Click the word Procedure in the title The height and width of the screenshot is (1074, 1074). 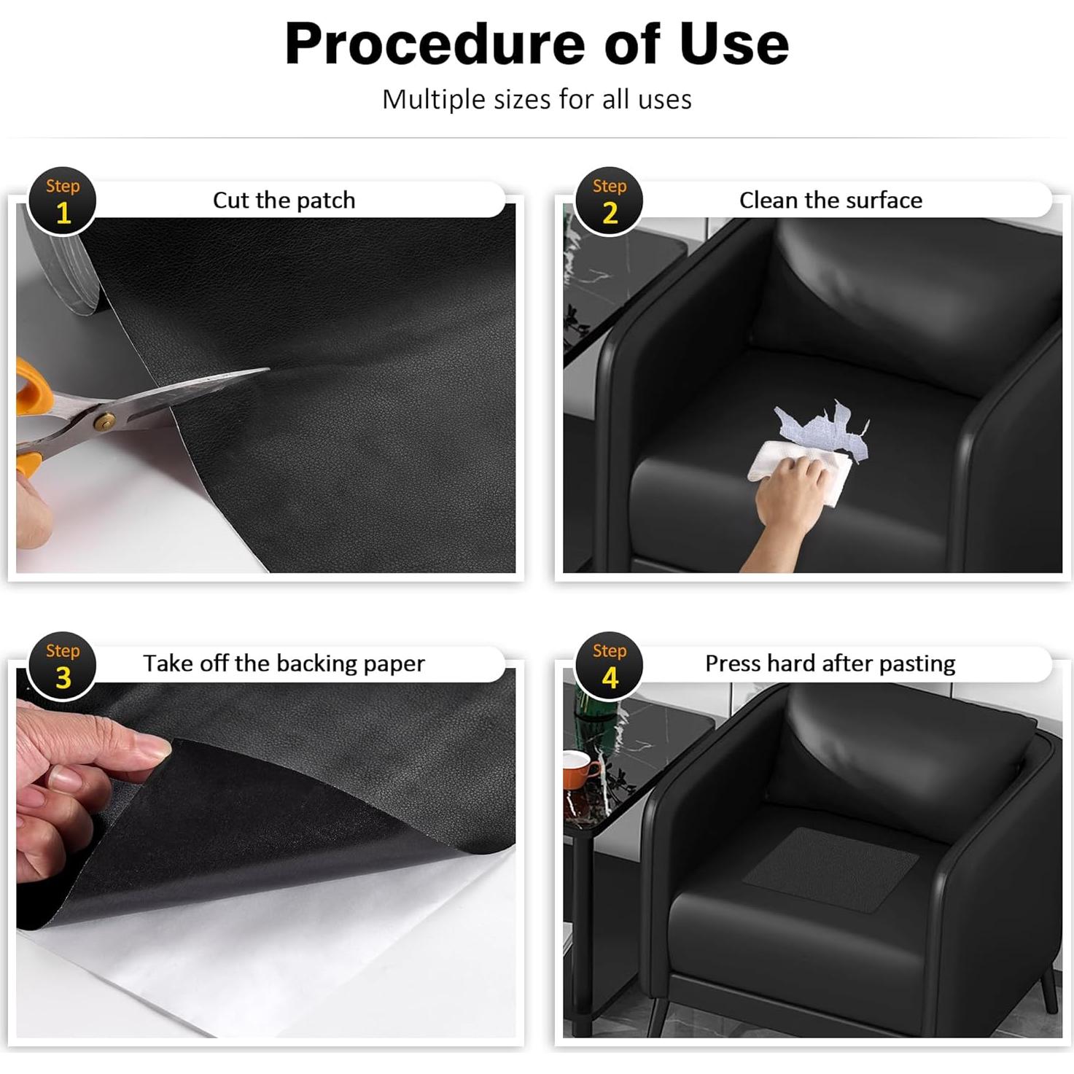click(x=435, y=44)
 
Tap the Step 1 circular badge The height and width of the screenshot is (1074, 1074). click(x=63, y=201)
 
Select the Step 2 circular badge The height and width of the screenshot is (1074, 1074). click(x=609, y=201)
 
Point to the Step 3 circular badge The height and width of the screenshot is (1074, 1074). click(x=63, y=666)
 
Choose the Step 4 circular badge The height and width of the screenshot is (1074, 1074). click(x=609, y=666)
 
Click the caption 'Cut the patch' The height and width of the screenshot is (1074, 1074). click(x=284, y=200)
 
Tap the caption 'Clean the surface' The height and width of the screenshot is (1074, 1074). click(x=830, y=200)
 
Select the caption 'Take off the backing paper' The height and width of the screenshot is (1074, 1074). click(x=284, y=664)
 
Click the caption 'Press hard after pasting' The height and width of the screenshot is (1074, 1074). click(x=830, y=664)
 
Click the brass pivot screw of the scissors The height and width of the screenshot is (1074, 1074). click(x=104, y=421)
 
